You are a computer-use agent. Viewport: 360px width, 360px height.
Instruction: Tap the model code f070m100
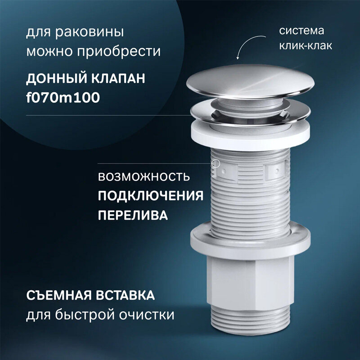pyautogui.click(x=63, y=97)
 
